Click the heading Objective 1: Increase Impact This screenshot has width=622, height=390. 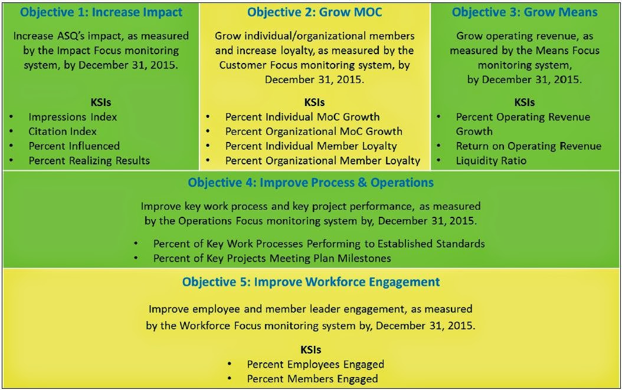pyautogui.click(x=101, y=13)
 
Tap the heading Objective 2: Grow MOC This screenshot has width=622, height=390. pyautogui.click(x=315, y=13)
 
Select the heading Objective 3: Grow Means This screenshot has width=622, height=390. pyautogui.click(x=525, y=13)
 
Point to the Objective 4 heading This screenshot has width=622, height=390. pyautogui.click(x=310, y=183)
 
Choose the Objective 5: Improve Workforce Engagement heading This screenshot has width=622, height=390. pyautogui.click(x=311, y=282)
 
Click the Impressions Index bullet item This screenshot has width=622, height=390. pyautogui.click(x=73, y=117)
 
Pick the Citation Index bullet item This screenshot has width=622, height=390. pyautogui.click(x=63, y=131)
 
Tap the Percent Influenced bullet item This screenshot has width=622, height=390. pyautogui.click(x=74, y=146)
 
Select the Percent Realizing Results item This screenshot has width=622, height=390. pyautogui.click(x=89, y=161)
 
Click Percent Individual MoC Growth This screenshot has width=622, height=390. pyautogui.click(x=302, y=117)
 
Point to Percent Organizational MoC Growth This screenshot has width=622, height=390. pyautogui.click(x=314, y=131)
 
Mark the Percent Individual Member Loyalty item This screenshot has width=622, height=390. pyautogui.click(x=311, y=147)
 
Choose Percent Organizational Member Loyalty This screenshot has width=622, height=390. pyautogui.click(x=322, y=161)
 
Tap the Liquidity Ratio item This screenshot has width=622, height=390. pyautogui.click(x=491, y=161)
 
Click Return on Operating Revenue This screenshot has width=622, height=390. pyautogui.click(x=529, y=147)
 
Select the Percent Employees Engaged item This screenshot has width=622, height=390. pyautogui.click(x=315, y=365)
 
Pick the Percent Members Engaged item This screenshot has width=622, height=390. pyautogui.click(x=312, y=379)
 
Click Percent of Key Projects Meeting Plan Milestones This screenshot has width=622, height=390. pyautogui.click(x=272, y=259)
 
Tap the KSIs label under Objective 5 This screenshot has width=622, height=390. pyautogui.click(x=310, y=349)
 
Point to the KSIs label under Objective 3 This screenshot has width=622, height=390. pyautogui.click(x=525, y=103)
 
